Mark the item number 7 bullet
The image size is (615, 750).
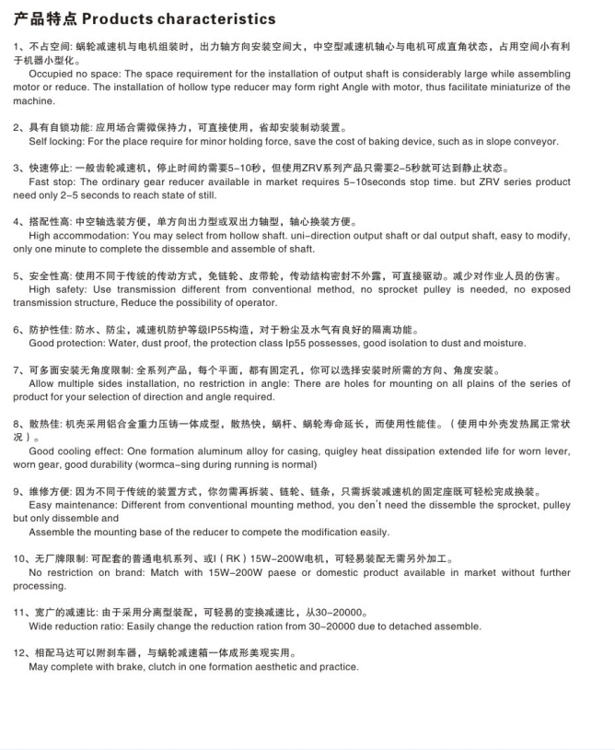(x=17, y=369)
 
